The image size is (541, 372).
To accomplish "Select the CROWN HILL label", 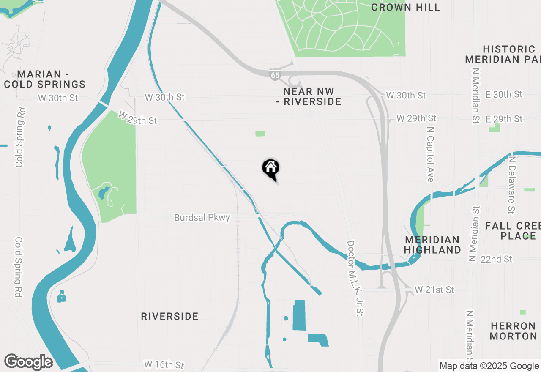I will (x=405, y=7).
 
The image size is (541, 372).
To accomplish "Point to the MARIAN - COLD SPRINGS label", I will (x=45, y=79).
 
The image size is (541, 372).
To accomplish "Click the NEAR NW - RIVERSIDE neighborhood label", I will (x=312, y=96).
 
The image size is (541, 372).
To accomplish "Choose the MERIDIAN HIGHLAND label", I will (x=432, y=245).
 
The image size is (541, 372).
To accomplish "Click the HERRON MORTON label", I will (x=514, y=331).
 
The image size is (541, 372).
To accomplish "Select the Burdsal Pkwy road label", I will (x=202, y=218).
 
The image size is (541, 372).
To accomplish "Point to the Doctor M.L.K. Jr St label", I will (x=355, y=279).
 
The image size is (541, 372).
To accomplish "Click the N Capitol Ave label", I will (x=430, y=154).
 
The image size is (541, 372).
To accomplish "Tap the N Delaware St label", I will (x=512, y=185).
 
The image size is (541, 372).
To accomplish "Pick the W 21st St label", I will (x=434, y=290).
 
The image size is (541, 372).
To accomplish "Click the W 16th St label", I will (x=164, y=364).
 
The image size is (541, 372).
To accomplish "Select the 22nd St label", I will (x=496, y=259).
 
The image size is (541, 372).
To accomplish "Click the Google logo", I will (x=28, y=362).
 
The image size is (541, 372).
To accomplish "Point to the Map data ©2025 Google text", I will (x=489, y=366).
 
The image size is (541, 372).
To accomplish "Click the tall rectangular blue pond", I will (x=299, y=315).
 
